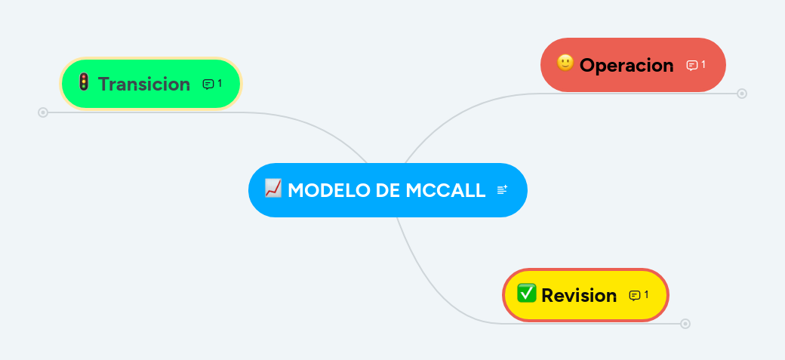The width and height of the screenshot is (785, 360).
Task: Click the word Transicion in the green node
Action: (144, 84)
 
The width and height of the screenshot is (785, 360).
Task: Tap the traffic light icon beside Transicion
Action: (84, 82)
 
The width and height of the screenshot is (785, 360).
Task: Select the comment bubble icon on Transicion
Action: (208, 84)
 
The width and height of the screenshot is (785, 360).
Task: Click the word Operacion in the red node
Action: (626, 66)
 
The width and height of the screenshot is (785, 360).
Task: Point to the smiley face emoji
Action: (565, 63)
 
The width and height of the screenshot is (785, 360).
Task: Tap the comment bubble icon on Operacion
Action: (691, 66)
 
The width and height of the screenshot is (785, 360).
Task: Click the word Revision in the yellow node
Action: (579, 295)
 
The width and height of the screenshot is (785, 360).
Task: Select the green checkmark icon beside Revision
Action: (526, 293)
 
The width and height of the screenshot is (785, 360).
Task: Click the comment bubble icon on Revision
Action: (634, 295)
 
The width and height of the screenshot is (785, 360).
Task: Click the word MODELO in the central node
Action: (328, 190)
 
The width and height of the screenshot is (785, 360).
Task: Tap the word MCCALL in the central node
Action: (445, 190)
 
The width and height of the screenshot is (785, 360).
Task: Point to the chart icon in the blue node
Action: (272, 188)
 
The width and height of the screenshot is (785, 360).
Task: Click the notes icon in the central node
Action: (502, 190)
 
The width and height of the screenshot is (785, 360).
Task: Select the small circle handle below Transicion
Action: (43, 112)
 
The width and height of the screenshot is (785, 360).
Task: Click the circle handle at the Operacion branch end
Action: (742, 94)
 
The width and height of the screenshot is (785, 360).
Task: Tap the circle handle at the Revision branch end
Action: (685, 324)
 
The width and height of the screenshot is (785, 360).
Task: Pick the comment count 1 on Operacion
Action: (703, 65)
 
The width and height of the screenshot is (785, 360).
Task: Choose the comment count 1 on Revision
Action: (646, 294)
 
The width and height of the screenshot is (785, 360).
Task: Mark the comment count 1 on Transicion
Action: (220, 83)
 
